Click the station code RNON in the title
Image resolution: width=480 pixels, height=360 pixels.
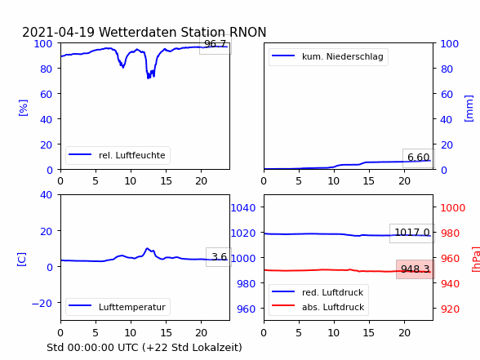[x=247, y=32]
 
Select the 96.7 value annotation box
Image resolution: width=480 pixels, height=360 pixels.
[x=216, y=44]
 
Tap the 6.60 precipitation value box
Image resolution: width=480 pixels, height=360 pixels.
[x=419, y=158]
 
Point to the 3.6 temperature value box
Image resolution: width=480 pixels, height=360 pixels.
[x=219, y=257]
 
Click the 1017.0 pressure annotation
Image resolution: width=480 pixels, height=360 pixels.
[x=412, y=233]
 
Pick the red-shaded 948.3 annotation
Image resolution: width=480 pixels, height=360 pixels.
[x=416, y=269]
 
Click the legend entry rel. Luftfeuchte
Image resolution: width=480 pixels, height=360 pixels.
[x=118, y=155]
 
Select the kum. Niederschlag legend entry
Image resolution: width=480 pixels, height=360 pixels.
[x=328, y=56]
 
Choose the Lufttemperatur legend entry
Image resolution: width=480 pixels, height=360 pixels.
[x=118, y=307]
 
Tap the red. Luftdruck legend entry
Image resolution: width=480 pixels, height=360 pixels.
[x=318, y=292]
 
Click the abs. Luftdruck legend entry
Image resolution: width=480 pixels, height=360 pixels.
[x=318, y=307]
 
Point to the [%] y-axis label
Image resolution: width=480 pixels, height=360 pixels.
[x=23, y=108]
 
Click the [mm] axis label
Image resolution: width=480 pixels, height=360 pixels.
[x=469, y=109]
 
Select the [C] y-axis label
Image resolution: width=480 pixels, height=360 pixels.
[x=22, y=260]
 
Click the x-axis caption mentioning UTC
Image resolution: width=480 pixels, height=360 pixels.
[x=144, y=348]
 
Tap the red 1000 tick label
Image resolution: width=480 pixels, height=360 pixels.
[x=453, y=208]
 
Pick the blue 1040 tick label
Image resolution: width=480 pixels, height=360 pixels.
[x=243, y=208]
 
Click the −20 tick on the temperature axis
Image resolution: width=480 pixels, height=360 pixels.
[x=42, y=304]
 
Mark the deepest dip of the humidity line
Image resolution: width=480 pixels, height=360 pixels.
[x=149, y=78]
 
